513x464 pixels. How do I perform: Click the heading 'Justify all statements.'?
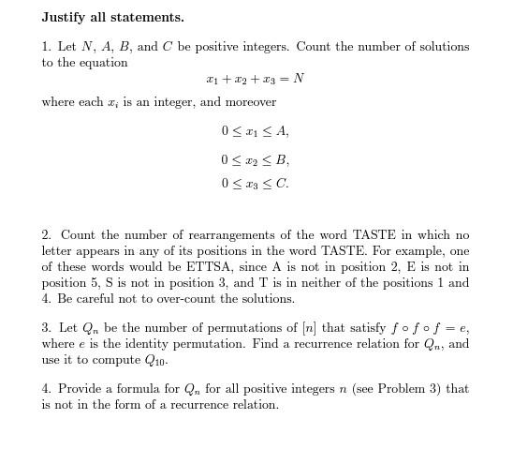112,17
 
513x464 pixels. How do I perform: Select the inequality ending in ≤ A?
255,131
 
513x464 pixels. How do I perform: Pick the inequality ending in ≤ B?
255,159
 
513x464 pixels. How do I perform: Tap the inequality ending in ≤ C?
255,184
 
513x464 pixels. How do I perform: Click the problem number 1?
45,47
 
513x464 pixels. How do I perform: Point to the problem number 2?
45,235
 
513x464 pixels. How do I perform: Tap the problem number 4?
45,389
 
